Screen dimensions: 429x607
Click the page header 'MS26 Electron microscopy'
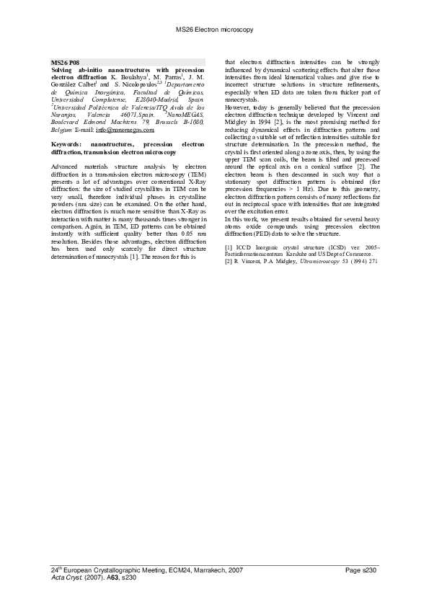pos(214,30)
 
